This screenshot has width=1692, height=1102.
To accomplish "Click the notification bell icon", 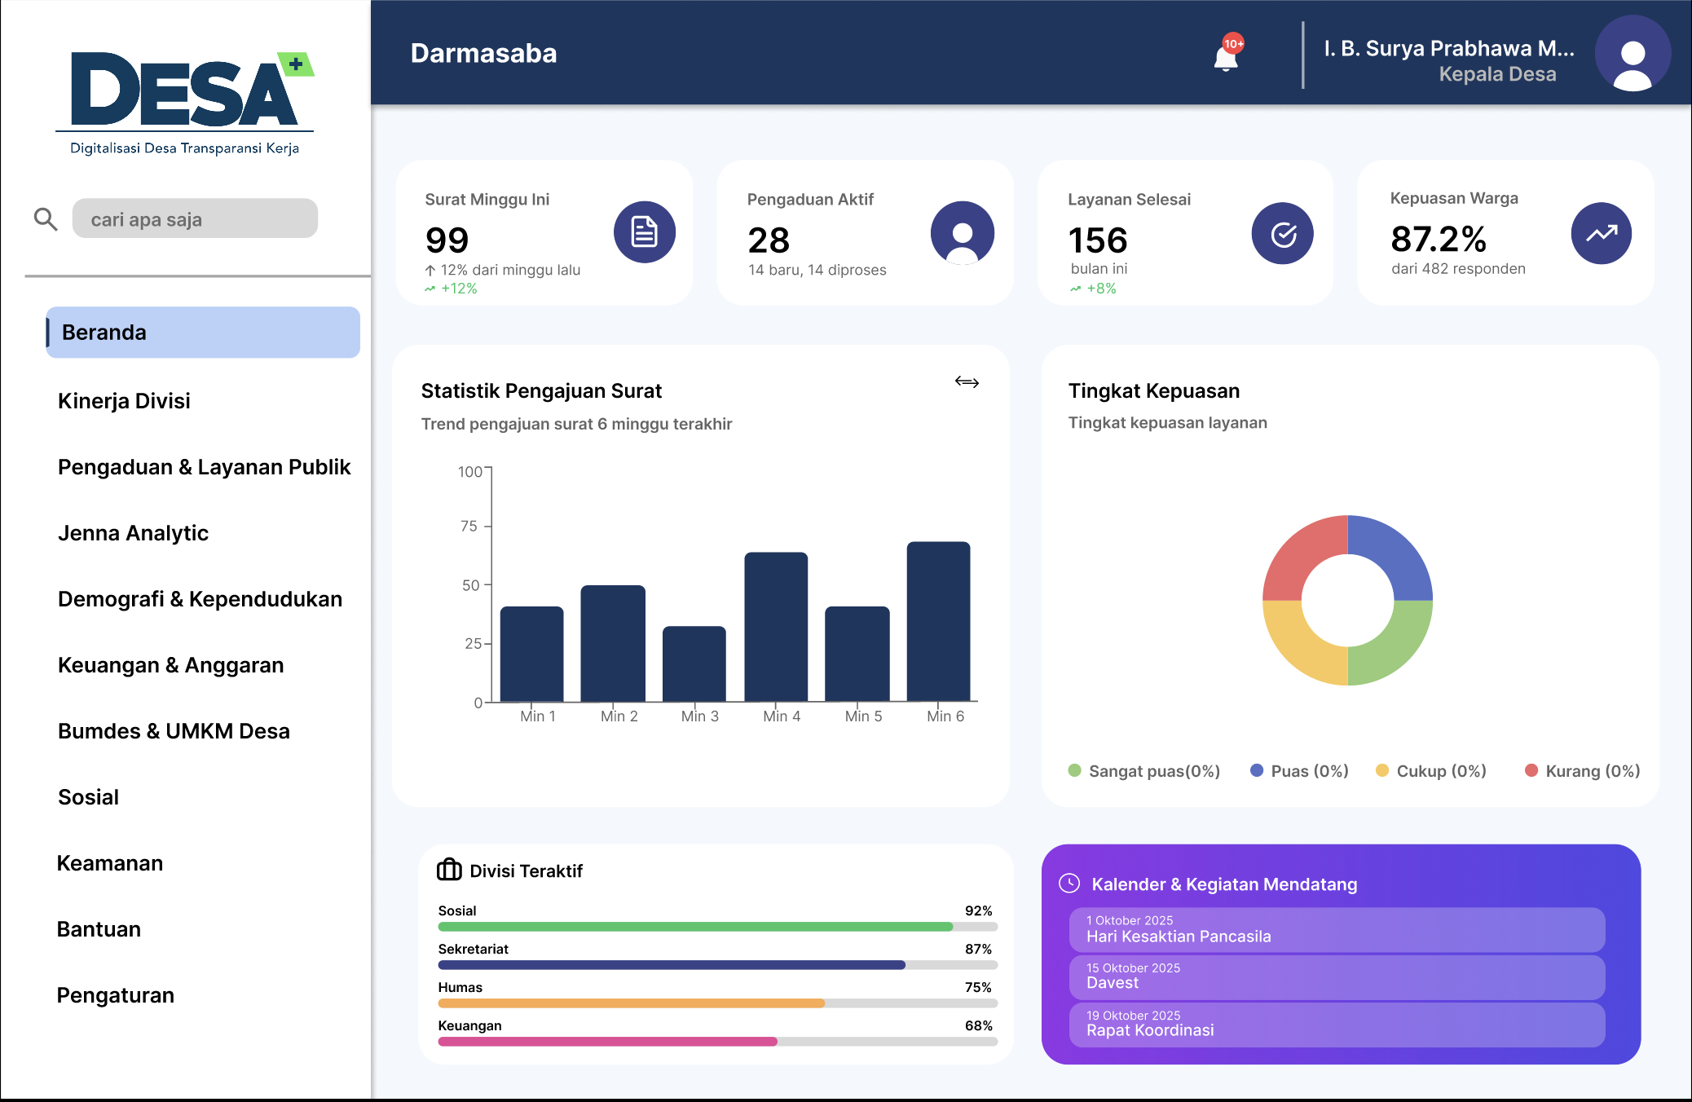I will click(1226, 56).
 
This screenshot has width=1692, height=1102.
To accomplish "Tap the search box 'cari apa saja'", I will click(195, 219).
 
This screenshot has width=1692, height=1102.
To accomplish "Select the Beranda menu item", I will click(203, 333).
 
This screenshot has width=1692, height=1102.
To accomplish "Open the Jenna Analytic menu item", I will click(133, 533).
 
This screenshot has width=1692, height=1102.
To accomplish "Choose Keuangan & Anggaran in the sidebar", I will click(170, 665).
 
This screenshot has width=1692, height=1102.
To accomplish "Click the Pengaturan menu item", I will click(115, 995).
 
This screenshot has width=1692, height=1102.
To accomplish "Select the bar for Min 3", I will click(694, 663).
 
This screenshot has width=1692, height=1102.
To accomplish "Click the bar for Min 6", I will click(938, 621).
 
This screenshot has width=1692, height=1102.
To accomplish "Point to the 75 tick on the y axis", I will click(469, 527).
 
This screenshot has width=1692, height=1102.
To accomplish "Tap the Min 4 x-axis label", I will click(782, 716).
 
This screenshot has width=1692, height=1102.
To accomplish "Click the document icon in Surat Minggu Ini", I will click(645, 232).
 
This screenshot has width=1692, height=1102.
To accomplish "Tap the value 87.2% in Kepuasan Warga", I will click(1439, 239).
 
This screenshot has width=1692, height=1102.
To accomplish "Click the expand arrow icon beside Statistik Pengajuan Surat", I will click(967, 382).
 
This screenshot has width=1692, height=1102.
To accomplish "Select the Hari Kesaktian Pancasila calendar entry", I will click(1337, 929).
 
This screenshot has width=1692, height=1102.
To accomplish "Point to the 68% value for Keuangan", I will click(978, 1025).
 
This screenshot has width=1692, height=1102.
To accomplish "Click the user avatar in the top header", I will click(1633, 54).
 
